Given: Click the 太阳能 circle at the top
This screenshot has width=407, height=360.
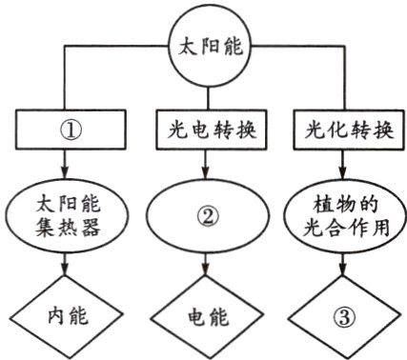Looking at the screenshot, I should pos(203,46).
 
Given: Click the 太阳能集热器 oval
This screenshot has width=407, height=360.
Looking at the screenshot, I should pos(65,217).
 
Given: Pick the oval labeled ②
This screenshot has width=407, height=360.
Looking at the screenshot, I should pos(204,217).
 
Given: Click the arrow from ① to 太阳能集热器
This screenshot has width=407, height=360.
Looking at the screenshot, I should pos(65,167).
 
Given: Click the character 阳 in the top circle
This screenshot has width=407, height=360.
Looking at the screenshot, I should pos(203,46).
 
